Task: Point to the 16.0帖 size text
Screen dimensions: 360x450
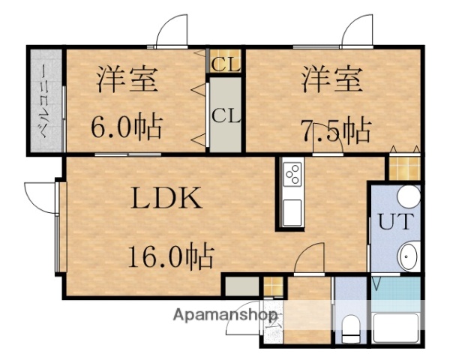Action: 169,256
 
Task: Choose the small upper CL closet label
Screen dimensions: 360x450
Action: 225,64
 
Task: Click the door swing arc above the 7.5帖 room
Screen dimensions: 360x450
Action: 357,31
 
